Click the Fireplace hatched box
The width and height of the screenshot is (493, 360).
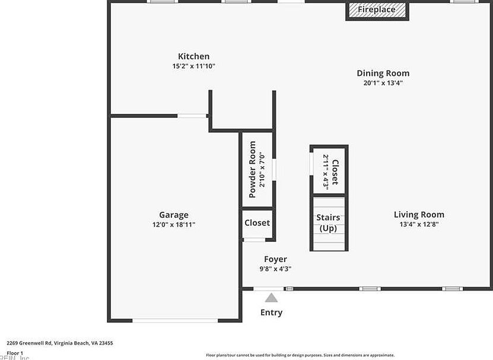point(377,10)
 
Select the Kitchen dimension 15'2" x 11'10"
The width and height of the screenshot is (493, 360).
point(189,66)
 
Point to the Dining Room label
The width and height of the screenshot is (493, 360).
point(383,73)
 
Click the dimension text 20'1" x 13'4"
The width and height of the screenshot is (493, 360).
point(383,83)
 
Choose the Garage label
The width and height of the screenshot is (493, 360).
point(173,215)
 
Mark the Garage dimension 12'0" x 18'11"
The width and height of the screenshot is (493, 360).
point(173,225)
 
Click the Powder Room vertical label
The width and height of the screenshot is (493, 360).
point(252,170)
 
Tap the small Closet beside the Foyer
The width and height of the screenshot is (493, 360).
point(257,223)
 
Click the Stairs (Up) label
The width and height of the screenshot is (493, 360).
point(328,223)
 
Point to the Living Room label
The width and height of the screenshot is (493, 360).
point(419,215)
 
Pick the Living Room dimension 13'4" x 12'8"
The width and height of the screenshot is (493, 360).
point(419,225)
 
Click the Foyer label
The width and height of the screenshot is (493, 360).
point(275,259)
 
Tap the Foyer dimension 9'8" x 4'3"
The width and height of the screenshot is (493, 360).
point(275,269)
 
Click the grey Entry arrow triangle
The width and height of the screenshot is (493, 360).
point(271,298)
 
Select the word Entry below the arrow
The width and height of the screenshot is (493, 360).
point(271,313)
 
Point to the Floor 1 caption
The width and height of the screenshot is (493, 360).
point(14,353)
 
